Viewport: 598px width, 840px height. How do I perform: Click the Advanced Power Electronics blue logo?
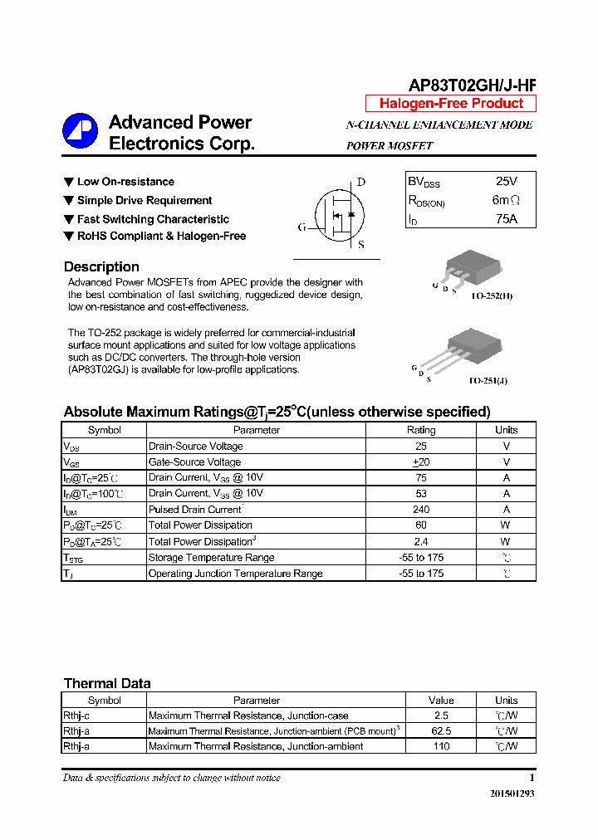(x=81, y=131)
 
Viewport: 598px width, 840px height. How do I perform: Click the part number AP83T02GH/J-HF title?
(x=472, y=85)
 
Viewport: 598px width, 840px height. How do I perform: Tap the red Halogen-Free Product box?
(x=451, y=104)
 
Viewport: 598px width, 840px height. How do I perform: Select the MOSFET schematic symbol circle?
(x=339, y=214)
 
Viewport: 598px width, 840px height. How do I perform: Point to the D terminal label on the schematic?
(x=360, y=183)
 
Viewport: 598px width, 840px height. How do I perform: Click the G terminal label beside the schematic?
(x=302, y=227)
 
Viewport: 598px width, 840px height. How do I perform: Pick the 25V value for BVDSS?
(x=506, y=181)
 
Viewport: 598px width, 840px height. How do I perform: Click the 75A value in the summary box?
(x=506, y=219)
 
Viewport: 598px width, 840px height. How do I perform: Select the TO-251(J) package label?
(x=488, y=380)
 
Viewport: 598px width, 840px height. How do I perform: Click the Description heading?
(x=101, y=267)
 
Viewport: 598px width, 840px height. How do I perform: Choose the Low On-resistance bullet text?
(x=125, y=182)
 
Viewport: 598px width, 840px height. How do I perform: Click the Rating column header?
(x=420, y=430)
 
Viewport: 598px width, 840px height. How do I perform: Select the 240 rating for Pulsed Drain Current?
(x=420, y=510)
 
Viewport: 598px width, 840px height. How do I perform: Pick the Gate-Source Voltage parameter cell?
(x=194, y=462)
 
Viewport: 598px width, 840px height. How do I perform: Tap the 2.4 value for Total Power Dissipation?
(x=420, y=541)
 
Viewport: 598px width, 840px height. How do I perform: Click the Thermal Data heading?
(x=107, y=684)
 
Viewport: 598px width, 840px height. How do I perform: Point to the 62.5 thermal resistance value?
(x=441, y=731)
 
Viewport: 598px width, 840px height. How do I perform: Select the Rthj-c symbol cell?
(x=76, y=715)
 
